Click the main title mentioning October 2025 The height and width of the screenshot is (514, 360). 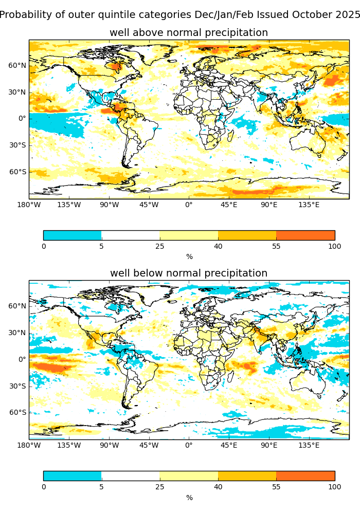point(179,15)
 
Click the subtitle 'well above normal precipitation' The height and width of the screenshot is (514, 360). point(189,33)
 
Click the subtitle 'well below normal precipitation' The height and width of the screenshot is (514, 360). point(189,273)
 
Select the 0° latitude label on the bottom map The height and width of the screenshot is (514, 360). point(22,359)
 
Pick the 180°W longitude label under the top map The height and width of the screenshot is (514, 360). point(29,205)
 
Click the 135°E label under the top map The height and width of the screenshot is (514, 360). point(309,205)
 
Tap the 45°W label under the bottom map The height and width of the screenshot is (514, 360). point(149,446)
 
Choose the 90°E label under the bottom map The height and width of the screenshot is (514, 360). point(269,446)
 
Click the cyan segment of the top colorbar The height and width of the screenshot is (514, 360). point(72,235)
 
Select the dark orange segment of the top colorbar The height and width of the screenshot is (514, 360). point(305,235)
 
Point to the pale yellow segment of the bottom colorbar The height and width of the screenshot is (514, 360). point(189,476)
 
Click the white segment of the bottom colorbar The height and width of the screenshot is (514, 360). point(131,476)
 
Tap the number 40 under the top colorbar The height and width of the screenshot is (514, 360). point(218,246)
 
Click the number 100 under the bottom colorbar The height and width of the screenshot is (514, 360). point(334,487)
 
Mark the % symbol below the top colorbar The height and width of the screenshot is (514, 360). point(189,257)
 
